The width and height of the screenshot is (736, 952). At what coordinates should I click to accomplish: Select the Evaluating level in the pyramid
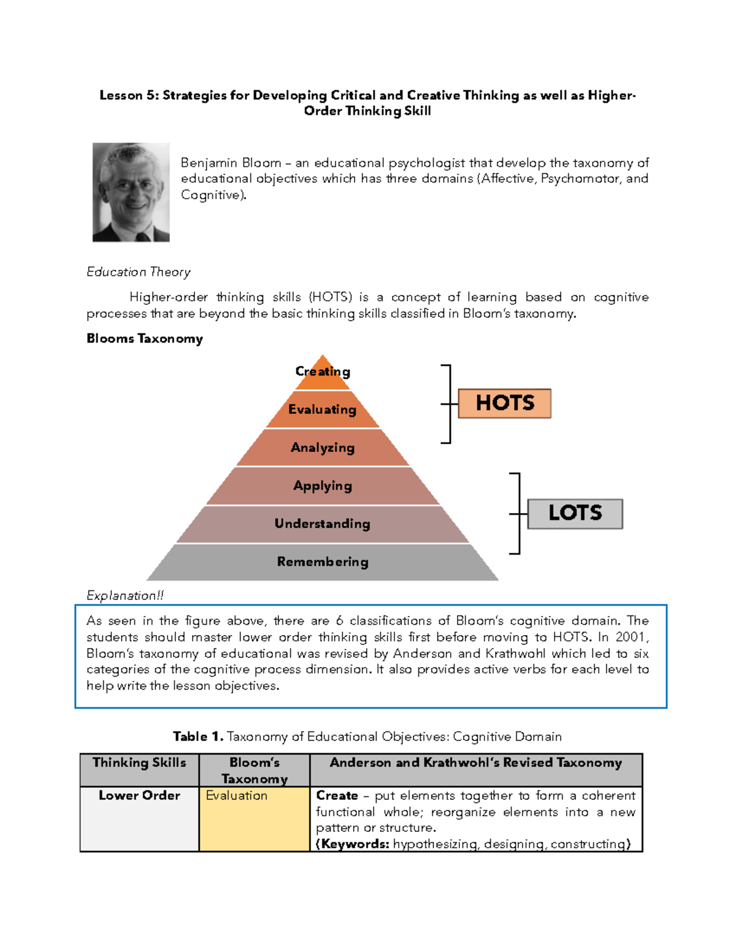click(323, 409)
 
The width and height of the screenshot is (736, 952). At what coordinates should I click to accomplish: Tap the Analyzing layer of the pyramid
click(323, 447)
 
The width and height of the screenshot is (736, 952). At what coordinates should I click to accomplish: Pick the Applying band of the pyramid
click(323, 486)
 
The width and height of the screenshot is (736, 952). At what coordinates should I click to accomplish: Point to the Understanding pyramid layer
click(323, 524)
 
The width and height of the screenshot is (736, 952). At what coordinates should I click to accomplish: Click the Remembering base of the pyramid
click(323, 562)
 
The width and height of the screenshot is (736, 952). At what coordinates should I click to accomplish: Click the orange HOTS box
click(505, 403)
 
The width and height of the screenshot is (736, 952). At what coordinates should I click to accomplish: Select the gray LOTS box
click(575, 513)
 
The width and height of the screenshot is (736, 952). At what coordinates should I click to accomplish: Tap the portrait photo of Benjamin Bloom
click(131, 192)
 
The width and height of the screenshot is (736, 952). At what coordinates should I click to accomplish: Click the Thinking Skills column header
click(139, 763)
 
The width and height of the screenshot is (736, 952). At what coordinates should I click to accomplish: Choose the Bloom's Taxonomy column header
click(255, 771)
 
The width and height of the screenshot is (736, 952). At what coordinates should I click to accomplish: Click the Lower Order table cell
click(139, 796)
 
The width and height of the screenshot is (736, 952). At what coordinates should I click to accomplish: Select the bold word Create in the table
click(337, 796)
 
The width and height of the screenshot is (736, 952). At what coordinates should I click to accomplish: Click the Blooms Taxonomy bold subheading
click(145, 338)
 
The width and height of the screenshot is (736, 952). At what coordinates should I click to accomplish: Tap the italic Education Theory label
click(139, 272)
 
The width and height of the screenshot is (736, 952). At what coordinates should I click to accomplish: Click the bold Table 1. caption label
click(198, 736)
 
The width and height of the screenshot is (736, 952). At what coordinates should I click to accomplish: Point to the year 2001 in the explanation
click(632, 637)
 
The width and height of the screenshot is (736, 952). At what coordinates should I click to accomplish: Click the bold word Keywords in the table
click(355, 844)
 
